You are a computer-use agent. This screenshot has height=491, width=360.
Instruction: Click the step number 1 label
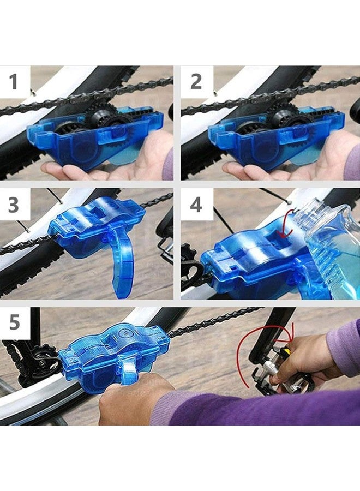14,82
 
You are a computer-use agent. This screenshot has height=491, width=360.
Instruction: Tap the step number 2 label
196,82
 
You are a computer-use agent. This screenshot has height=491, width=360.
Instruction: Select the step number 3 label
14,205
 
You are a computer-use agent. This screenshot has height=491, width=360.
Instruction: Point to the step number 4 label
196,205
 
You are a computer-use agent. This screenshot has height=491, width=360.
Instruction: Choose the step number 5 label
14,322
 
